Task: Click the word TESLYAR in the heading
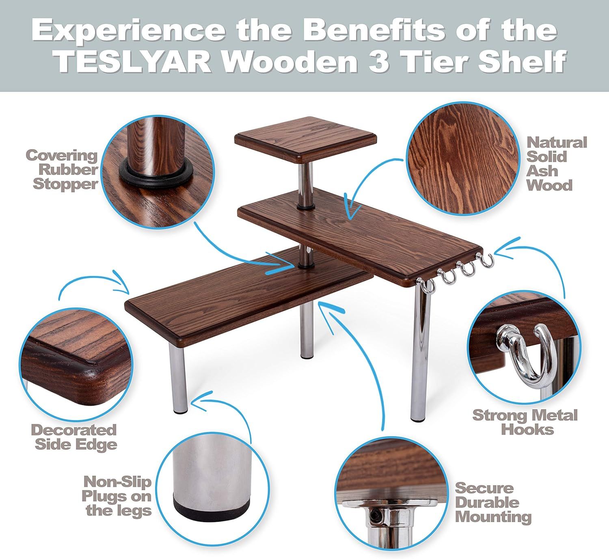pos(134,62)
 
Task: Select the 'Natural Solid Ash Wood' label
pos(557,164)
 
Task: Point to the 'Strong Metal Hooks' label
pos(525,422)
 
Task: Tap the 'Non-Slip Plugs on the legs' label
pos(117,496)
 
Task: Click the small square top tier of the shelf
pos(305,139)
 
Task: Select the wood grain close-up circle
pos(462,158)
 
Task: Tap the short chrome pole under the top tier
pos(305,185)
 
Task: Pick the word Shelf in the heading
pos(521,62)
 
